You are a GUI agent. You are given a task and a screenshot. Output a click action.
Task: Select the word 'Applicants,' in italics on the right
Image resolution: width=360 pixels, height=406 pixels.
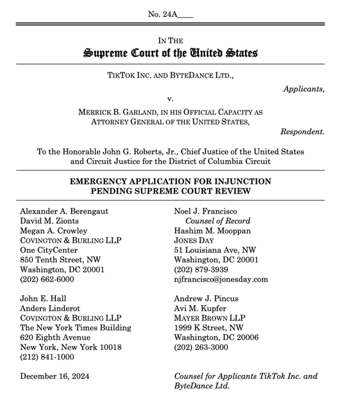(x=304, y=89)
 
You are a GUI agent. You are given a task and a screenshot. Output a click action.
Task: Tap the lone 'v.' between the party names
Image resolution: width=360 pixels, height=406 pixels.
(x=170, y=99)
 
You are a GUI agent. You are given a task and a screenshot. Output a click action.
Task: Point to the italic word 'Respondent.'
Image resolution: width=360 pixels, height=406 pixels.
(x=302, y=131)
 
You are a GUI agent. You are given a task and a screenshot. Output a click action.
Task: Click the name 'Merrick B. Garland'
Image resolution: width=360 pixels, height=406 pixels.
(x=116, y=112)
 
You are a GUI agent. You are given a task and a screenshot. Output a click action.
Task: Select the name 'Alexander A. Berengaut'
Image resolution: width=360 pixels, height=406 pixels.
(x=64, y=211)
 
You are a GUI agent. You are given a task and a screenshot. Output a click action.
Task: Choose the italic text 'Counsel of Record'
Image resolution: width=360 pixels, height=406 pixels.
(x=218, y=220)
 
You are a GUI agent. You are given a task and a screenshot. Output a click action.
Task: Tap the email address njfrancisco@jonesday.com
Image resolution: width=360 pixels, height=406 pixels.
(x=221, y=279)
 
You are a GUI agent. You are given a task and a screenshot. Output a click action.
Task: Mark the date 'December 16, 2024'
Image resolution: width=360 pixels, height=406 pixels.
(x=55, y=376)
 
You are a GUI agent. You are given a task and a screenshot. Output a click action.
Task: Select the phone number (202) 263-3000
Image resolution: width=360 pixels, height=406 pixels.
(x=201, y=347)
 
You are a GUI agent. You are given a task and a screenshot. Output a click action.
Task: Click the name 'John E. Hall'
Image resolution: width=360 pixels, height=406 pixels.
(x=43, y=298)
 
